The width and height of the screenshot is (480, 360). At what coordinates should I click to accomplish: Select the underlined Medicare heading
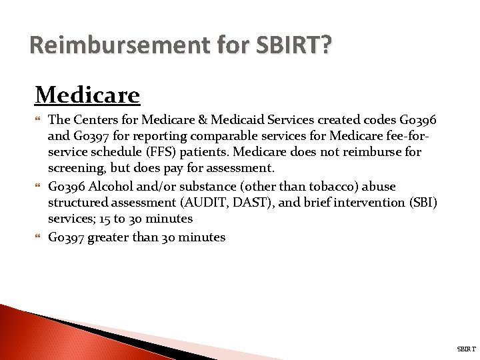click(x=87, y=95)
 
